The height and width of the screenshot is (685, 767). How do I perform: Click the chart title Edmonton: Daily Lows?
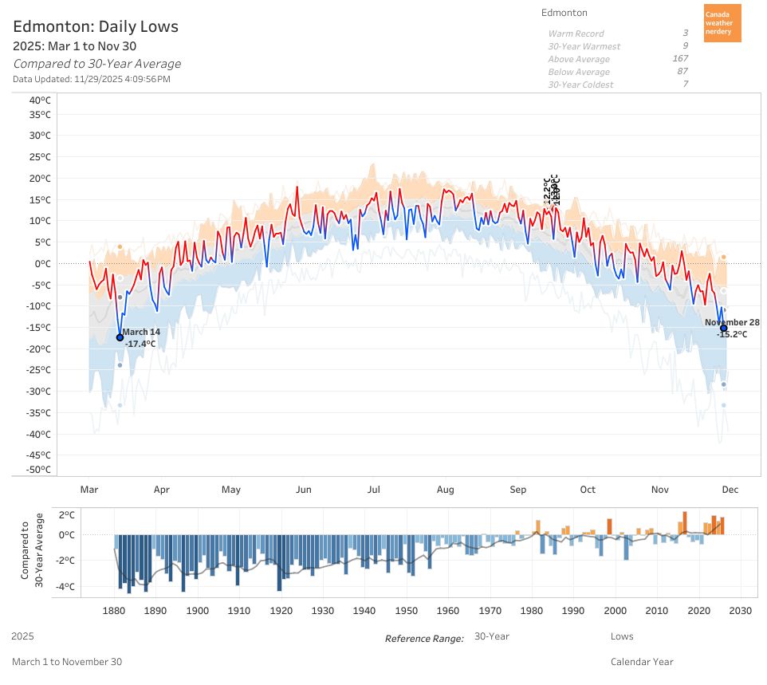pyautogui.click(x=96, y=26)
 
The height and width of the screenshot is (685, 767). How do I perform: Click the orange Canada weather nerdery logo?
pyautogui.click(x=722, y=23)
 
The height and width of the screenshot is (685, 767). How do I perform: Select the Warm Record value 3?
pyautogui.click(x=685, y=33)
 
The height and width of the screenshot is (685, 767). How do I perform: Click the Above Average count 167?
pyautogui.click(x=680, y=59)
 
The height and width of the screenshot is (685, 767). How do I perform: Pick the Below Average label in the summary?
pyautogui.click(x=579, y=72)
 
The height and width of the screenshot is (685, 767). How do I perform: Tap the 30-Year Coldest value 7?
pyautogui.click(x=685, y=85)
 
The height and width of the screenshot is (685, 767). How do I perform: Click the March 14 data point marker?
pyautogui.click(x=120, y=337)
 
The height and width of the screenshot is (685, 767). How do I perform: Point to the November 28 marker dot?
pyautogui.click(x=723, y=328)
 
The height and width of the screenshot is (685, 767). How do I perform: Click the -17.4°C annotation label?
pyautogui.click(x=140, y=344)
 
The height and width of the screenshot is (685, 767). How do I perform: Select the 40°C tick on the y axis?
pyautogui.click(x=40, y=100)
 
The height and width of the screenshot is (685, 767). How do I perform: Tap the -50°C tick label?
pyautogui.click(x=37, y=470)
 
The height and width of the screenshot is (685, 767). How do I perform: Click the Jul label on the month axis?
pyautogui.click(x=373, y=490)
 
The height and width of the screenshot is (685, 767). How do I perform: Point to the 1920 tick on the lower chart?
pyautogui.click(x=281, y=611)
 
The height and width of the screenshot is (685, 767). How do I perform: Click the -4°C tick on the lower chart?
pyautogui.click(x=65, y=586)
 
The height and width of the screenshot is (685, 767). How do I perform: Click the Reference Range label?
pyautogui.click(x=424, y=639)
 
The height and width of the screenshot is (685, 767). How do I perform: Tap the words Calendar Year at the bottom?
pyautogui.click(x=642, y=661)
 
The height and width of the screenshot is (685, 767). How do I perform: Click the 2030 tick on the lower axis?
pyautogui.click(x=741, y=611)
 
